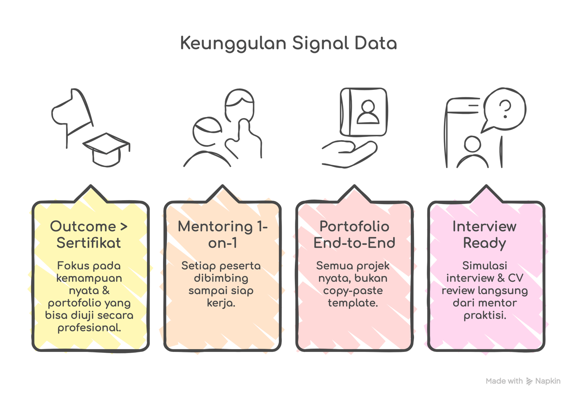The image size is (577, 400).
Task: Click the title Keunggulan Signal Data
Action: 288,43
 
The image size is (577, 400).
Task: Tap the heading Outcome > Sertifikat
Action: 89,234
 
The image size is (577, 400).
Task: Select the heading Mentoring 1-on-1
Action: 222,234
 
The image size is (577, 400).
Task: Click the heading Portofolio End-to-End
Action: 354,234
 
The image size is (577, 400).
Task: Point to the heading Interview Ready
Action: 484,234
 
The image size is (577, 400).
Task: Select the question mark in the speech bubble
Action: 506,109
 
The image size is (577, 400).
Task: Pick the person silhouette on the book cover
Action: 367,112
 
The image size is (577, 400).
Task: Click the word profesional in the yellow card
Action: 89,328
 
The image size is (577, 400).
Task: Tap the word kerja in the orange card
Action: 220,303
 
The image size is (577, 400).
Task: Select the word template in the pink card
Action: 353,303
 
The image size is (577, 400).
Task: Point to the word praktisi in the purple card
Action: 485,315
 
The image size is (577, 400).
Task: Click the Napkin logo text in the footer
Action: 548,381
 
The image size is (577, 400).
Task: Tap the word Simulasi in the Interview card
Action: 485,266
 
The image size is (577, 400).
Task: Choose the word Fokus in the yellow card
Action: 72,266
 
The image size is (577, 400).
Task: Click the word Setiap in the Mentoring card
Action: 195,266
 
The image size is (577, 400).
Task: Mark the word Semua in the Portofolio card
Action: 331,266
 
